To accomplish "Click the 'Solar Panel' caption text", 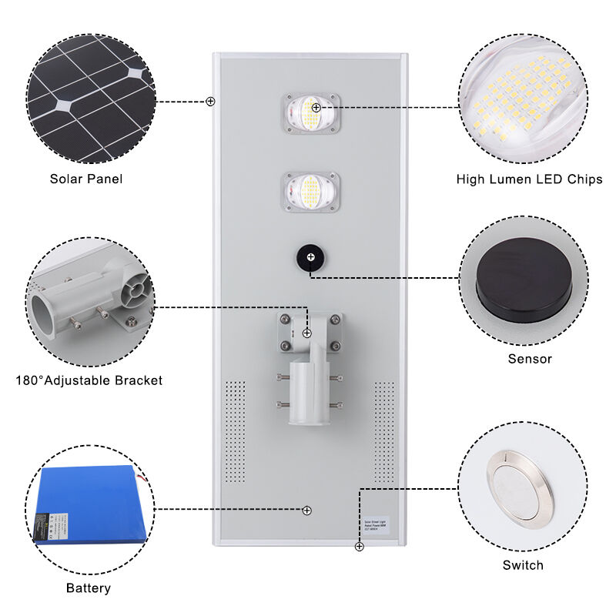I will pos(86,179).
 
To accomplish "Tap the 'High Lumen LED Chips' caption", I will pos(529,179).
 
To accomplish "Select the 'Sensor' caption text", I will pos(530,359).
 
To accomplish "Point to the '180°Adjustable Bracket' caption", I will pos(89,380).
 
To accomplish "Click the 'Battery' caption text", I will pos(88,588).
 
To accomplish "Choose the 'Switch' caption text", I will pos(523,565).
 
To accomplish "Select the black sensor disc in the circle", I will pos(523,282).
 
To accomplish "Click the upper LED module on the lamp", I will pos(310,113).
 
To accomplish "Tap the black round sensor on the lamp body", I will pos(310,256).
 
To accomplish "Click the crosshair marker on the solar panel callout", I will pos(210,101).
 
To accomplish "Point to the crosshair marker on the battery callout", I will pos(307,510).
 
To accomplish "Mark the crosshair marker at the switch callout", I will pos(359,547).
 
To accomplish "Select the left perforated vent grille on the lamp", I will pos(235,430).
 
